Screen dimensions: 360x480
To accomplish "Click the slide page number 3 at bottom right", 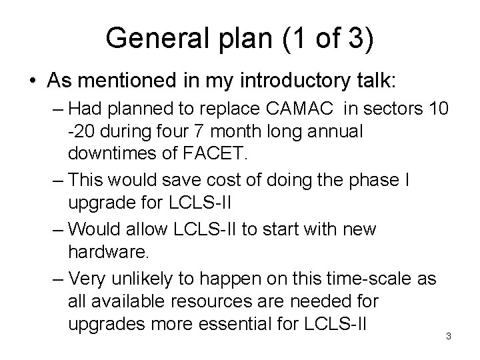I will click(449, 336).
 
